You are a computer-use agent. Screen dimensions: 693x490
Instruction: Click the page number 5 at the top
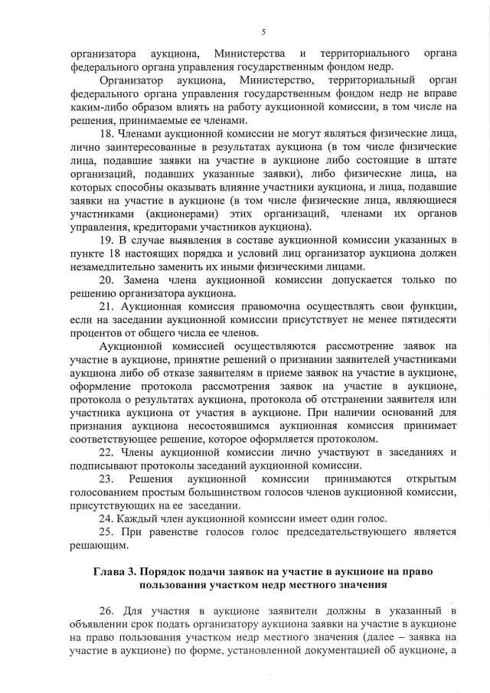263,31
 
